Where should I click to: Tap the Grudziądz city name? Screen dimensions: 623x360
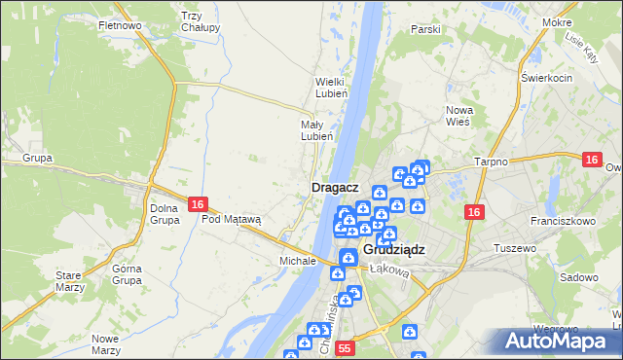pos(396,249)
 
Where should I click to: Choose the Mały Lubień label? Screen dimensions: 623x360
pos(316,130)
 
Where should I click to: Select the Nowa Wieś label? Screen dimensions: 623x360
pos(458,116)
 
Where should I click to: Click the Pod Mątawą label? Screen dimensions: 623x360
pos(232,219)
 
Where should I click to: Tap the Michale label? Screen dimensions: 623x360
pos(298,261)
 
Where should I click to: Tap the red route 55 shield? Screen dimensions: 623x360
pos(344,347)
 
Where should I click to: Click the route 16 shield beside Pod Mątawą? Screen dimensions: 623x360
pos(198,204)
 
